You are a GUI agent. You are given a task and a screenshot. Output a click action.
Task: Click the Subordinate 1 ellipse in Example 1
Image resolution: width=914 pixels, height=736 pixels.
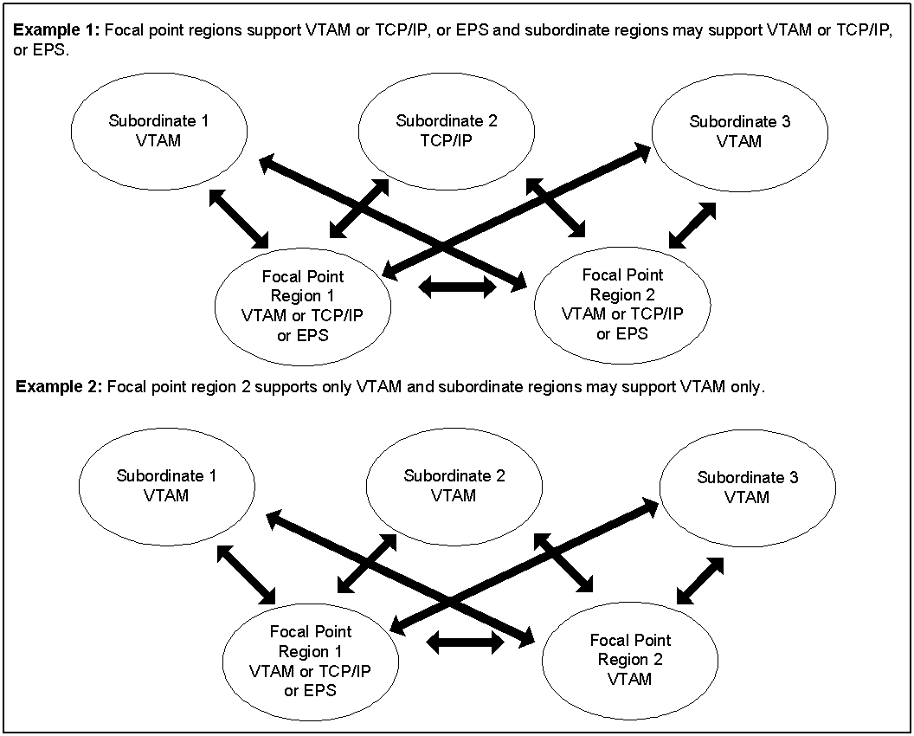[x=158, y=130]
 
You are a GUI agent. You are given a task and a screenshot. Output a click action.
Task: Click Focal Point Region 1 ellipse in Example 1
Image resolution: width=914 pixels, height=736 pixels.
[x=303, y=306]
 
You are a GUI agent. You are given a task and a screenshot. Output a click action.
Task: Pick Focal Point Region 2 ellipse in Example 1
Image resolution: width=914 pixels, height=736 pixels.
[x=622, y=304]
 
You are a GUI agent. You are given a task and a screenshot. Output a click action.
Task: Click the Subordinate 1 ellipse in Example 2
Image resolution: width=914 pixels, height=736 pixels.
[x=166, y=486]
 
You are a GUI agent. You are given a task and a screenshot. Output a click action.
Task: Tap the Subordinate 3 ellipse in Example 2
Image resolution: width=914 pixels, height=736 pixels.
[x=747, y=487]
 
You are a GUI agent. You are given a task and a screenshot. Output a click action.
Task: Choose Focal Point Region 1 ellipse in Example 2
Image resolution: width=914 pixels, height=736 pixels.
[x=311, y=661]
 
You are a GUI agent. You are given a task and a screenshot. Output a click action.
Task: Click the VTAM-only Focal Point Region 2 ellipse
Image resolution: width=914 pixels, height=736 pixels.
[x=630, y=660]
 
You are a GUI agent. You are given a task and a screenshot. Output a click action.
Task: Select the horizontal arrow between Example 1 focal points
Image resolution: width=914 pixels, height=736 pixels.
[x=457, y=288]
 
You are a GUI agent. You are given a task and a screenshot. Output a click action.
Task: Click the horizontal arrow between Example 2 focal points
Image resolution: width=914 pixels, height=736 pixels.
[x=466, y=642]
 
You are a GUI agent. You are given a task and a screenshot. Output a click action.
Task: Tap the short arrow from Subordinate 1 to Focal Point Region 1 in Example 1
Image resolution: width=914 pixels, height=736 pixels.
[x=241, y=218]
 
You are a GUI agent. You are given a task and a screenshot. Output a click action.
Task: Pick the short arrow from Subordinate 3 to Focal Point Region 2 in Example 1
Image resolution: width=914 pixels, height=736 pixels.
[x=693, y=224]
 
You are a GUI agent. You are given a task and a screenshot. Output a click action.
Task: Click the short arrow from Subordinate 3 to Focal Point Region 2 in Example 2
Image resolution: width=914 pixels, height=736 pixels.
[x=700, y=580]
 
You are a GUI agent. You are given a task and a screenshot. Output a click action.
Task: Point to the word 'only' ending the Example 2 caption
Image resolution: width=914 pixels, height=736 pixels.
[x=747, y=387]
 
